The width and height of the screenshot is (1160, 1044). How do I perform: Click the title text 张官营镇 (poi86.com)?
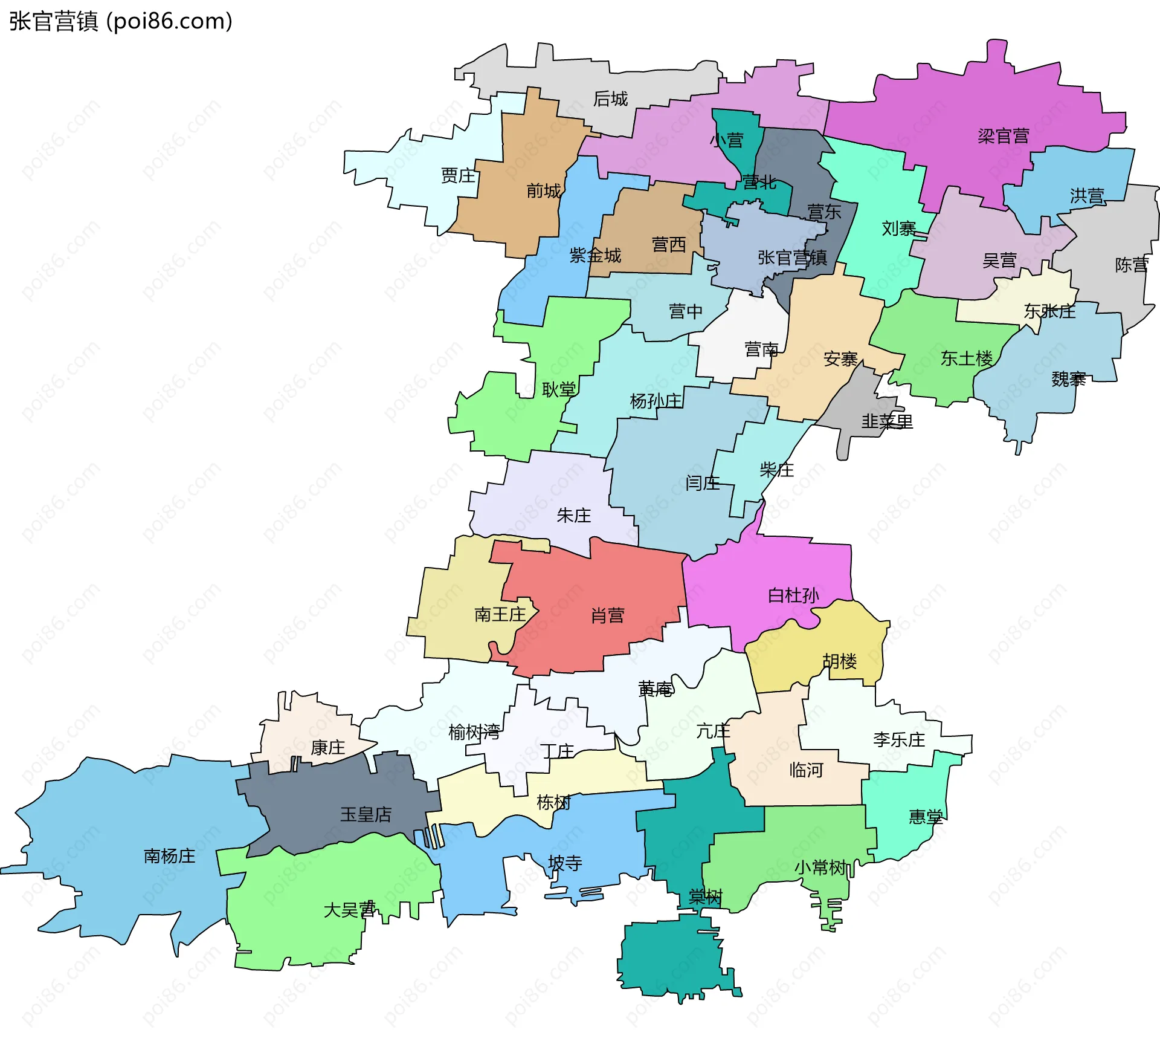click(121, 22)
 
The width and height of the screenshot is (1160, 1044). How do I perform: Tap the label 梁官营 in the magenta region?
click(1004, 136)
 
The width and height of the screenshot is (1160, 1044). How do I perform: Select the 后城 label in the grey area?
click(610, 99)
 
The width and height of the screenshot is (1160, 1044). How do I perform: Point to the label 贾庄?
click(458, 176)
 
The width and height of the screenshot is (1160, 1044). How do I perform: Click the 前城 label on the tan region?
click(543, 191)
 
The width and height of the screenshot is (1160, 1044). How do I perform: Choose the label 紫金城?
click(595, 256)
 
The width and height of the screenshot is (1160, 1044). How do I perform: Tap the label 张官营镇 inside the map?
click(792, 258)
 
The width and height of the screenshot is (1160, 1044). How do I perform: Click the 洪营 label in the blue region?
click(1087, 196)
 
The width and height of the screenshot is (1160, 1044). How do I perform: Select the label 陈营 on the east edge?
click(1131, 265)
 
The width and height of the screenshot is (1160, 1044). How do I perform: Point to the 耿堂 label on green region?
click(558, 390)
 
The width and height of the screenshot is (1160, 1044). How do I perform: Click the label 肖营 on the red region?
click(607, 615)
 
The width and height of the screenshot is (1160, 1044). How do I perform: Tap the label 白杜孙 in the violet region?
click(793, 595)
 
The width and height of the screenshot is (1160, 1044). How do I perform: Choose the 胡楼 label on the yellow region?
click(839, 661)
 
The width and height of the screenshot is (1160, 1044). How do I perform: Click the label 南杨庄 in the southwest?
click(169, 856)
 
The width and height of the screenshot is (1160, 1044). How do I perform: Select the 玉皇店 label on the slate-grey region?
click(366, 814)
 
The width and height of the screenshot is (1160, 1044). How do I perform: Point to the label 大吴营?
click(349, 910)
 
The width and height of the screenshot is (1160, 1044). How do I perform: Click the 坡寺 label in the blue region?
click(565, 863)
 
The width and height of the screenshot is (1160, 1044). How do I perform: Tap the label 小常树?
click(820, 868)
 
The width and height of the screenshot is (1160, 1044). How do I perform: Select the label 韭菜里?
click(886, 421)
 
